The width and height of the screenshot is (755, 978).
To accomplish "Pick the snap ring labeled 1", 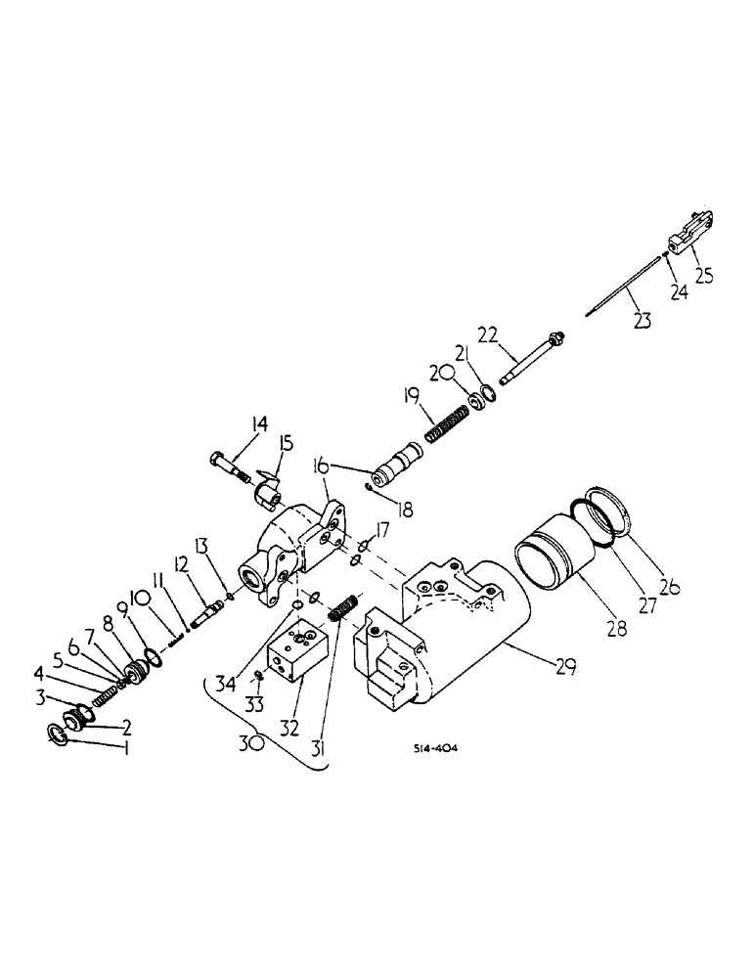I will (x=62, y=734).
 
